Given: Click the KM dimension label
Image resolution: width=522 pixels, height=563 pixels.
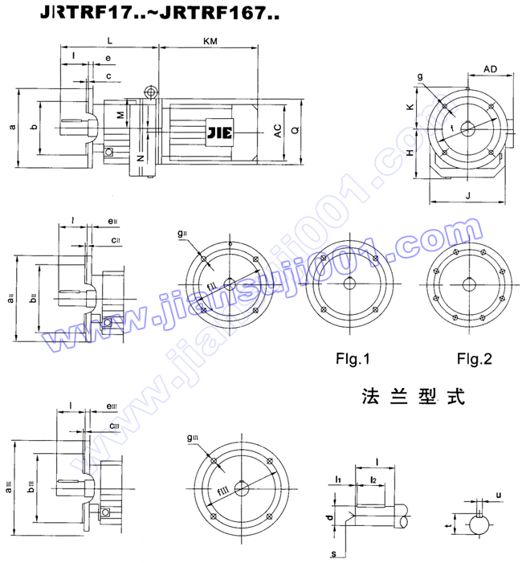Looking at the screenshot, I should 210,39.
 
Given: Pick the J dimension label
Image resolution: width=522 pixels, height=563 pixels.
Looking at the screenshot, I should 467,195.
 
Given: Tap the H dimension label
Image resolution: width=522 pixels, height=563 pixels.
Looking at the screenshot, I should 410,153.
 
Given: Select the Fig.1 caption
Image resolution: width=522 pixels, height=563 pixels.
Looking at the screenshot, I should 353,358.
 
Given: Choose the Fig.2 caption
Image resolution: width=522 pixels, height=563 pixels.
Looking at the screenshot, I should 474,358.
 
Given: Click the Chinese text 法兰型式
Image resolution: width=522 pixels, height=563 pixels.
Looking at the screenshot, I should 414,397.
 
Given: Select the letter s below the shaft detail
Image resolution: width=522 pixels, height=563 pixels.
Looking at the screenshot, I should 333,552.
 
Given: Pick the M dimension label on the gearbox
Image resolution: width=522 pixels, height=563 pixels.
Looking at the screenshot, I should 121,115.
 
